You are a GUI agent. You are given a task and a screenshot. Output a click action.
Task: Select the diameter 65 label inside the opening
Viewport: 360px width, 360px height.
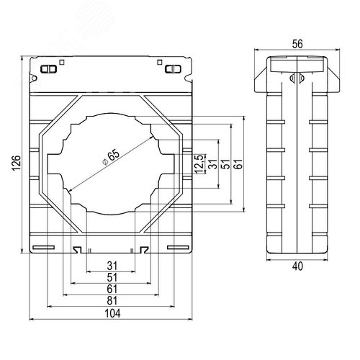[x=111, y=156]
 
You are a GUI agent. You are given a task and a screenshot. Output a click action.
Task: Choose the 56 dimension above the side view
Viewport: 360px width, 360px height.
[x=297, y=42]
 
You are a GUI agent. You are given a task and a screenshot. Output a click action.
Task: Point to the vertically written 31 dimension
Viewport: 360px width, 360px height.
[x=213, y=164]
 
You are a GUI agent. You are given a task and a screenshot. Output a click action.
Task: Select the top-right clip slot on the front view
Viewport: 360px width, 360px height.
[x=172, y=70]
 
